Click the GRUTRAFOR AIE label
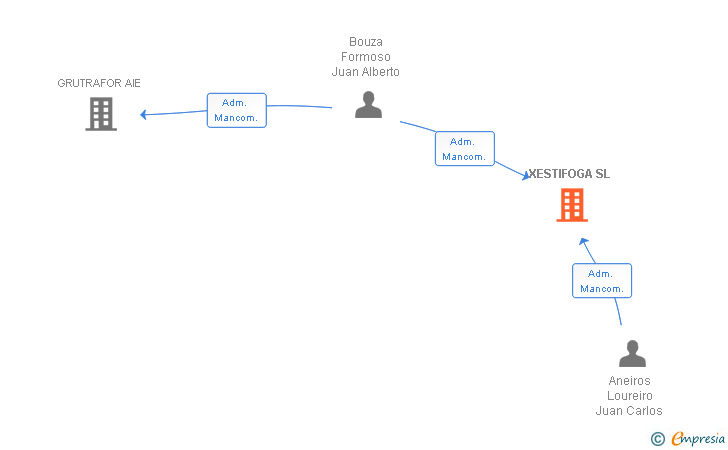[x=99, y=83]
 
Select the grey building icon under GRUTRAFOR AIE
[x=101, y=114]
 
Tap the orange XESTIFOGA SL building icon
[x=572, y=205]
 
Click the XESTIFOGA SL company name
[x=569, y=174]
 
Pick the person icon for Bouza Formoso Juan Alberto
[x=369, y=104]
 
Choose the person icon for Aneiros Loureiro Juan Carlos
[x=632, y=353]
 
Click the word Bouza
[x=366, y=42]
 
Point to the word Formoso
[x=366, y=57]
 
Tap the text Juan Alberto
[x=366, y=72]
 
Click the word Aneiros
[x=630, y=381]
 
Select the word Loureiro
[x=630, y=396]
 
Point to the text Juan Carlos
[x=629, y=411]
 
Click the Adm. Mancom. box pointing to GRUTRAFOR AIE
[x=237, y=111]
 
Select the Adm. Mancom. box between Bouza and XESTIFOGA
[x=465, y=149]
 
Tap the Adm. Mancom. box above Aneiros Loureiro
[x=602, y=280]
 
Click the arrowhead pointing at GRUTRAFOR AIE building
[x=143, y=114]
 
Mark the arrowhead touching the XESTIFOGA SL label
[x=526, y=175]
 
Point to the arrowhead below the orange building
[x=584, y=241]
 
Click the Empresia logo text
[x=698, y=438]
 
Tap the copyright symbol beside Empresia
[x=658, y=439]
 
